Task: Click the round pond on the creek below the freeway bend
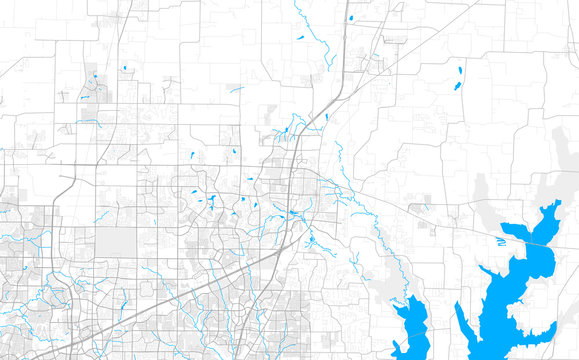pyautogui.click(x=311, y=239)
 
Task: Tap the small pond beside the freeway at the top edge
pyautogui.click(x=352, y=18)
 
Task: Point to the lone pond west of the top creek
pyautogui.click(x=300, y=38)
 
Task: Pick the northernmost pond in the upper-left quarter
pyautogui.click(x=124, y=68)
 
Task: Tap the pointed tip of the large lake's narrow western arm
pyautogui.click(x=458, y=305)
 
